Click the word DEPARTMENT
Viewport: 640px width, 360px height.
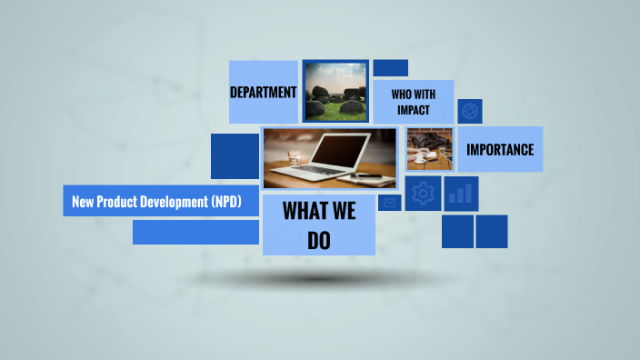pyautogui.click(x=264, y=92)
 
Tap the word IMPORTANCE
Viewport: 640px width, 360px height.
pyautogui.click(x=500, y=149)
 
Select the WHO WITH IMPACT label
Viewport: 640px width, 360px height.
pyautogui.click(x=414, y=102)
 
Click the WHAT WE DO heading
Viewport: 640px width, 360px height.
pyautogui.click(x=318, y=225)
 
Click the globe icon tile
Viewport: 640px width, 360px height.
pyautogui.click(x=470, y=111)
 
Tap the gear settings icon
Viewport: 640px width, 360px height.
pyautogui.click(x=423, y=193)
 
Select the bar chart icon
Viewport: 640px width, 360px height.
pyautogui.click(x=461, y=193)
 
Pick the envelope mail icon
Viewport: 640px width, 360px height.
pyautogui.click(x=390, y=203)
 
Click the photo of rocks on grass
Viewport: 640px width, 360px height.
pyautogui.click(x=335, y=92)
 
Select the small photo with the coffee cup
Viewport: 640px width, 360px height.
pyautogui.click(x=429, y=149)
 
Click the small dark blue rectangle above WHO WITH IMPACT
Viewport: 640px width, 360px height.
pyautogui.click(x=391, y=68)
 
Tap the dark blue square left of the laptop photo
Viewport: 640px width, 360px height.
pyautogui.click(x=235, y=156)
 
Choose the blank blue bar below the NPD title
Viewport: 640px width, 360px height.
pyautogui.click(x=195, y=232)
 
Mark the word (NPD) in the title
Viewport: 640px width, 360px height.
pyautogui.click(x=225, y=202)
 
